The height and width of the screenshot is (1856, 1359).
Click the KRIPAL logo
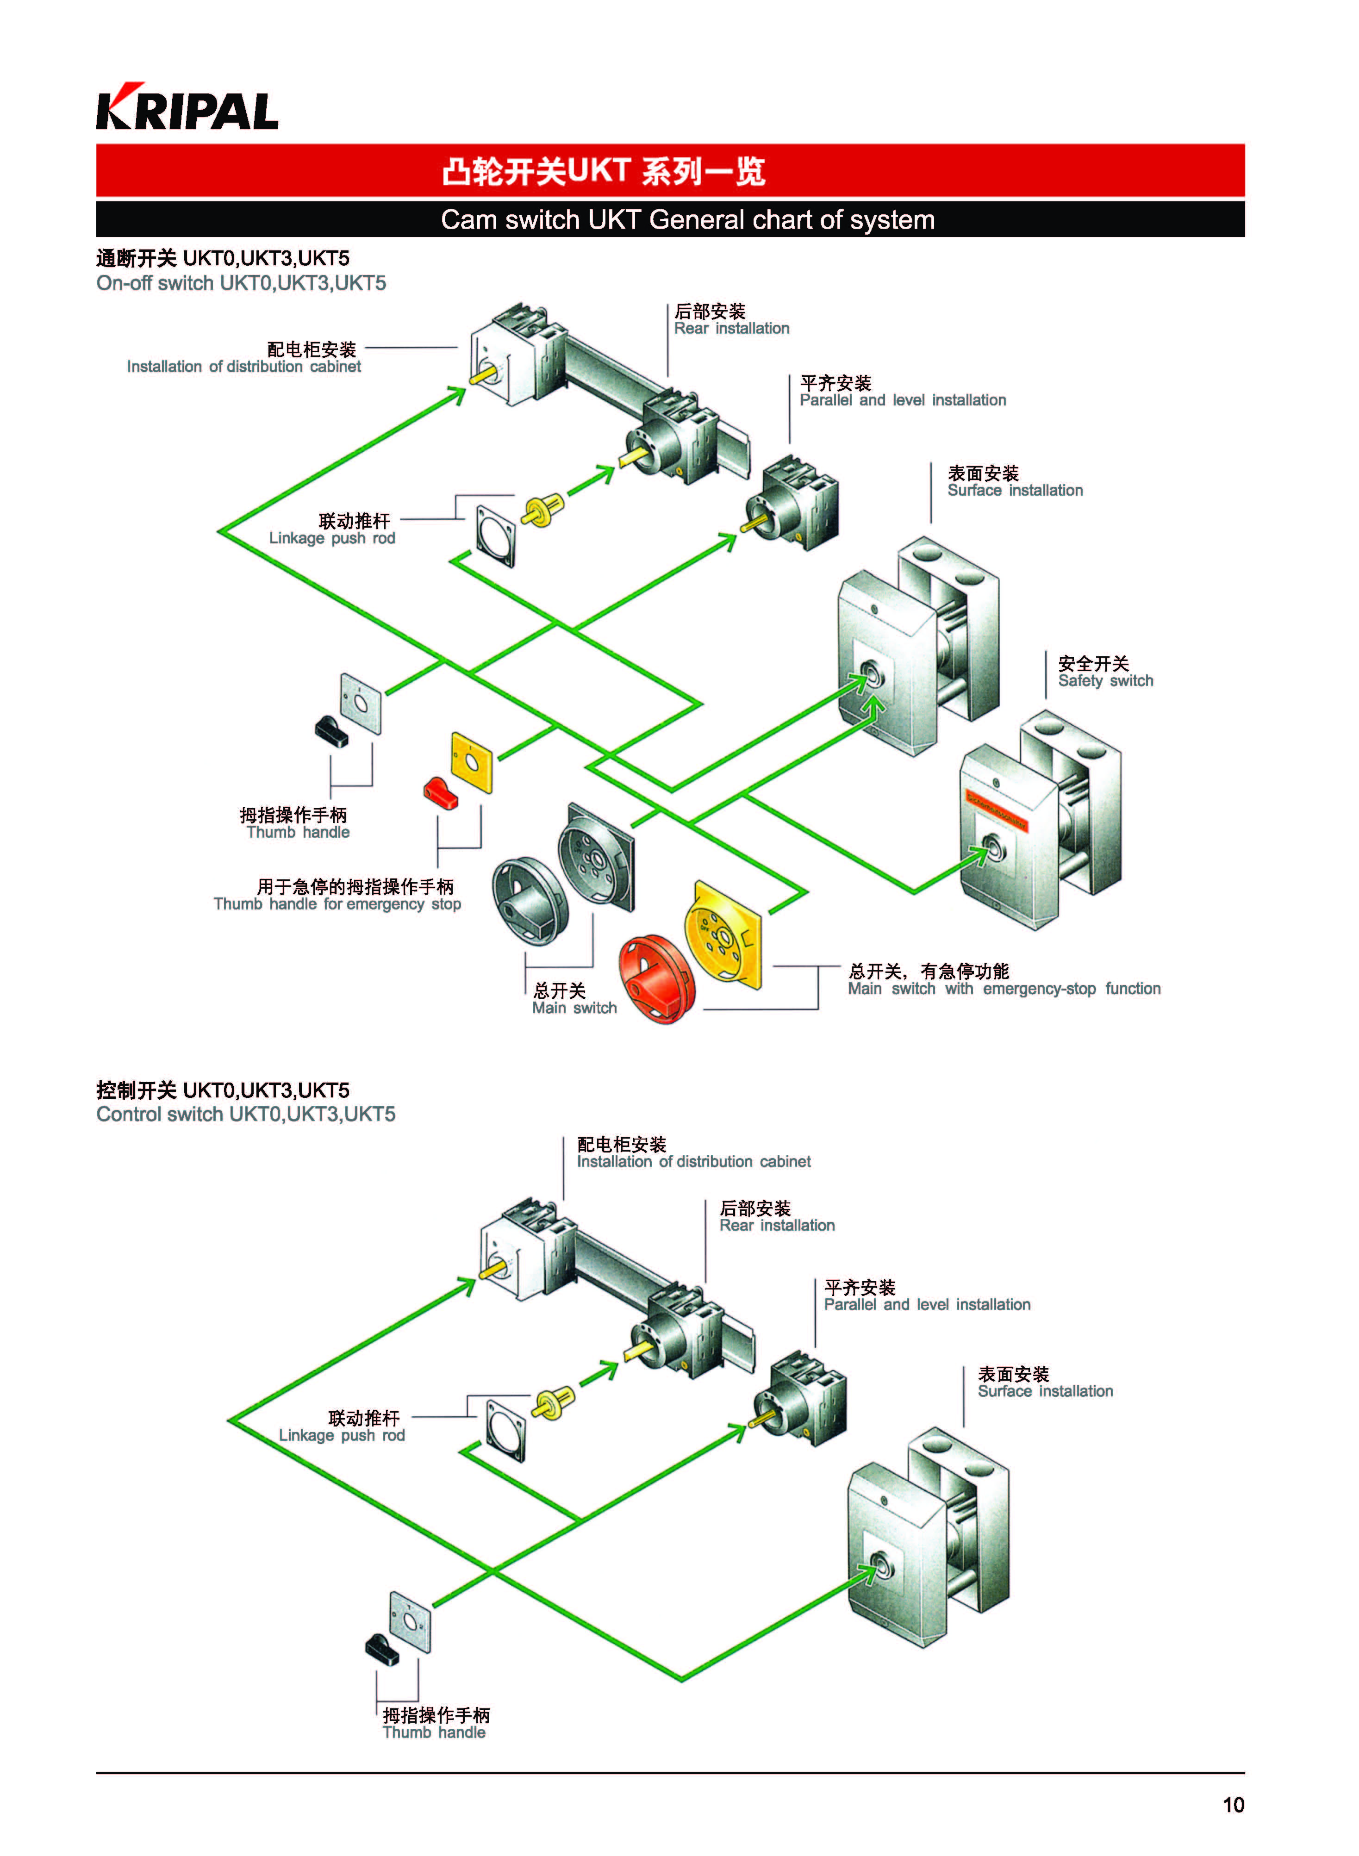pos(187,107)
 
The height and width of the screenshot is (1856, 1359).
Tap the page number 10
pos(1232,1804)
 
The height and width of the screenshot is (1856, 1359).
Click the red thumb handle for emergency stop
pos(441,791)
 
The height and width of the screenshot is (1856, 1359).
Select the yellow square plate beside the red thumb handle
pos(471,762)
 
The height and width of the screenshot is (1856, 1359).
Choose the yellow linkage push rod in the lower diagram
pos(553,1403)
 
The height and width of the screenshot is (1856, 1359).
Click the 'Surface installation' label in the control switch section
pos(1045,1382)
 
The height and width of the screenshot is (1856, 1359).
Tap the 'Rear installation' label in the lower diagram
pos(777,1217)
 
